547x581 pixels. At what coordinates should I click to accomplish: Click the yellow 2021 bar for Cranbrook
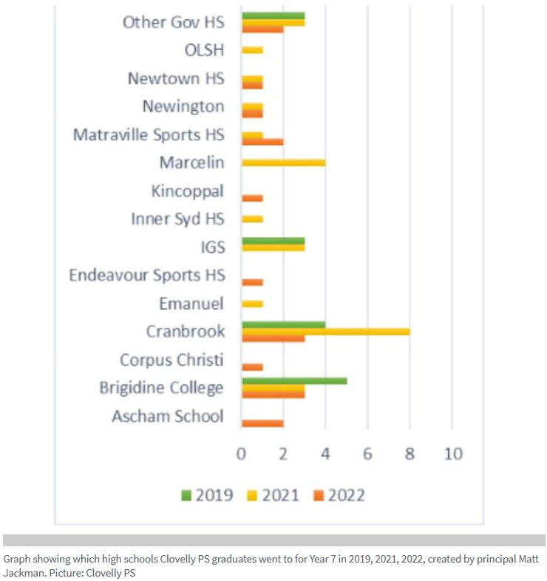[x=326, y=331]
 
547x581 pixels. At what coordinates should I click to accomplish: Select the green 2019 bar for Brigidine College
[x=294, y=381]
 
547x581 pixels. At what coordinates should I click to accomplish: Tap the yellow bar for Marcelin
[x=284, y=162]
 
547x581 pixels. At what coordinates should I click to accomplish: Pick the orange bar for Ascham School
[x=262, y=423]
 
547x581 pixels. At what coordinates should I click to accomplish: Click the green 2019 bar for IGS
[x=273, y=241]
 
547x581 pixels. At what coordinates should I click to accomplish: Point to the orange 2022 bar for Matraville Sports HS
[x=262, y=142]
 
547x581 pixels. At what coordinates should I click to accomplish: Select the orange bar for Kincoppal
[x=253, y=198]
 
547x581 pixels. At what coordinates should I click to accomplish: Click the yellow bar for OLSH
[x=253, y=50]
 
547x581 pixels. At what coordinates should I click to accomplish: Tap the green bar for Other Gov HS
[x=273, y=16]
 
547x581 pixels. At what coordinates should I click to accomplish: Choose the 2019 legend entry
[x=207, y=495]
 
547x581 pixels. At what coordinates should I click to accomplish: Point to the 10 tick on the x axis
[x=452, y=453]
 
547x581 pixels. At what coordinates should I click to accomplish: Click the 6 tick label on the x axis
[x=367, y=453]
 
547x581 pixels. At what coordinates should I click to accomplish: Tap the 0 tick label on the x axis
[x=241, y=453]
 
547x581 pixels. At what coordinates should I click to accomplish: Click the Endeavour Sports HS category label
[x=146, y=275]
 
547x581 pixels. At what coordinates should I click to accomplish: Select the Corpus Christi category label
[x=171, y=360]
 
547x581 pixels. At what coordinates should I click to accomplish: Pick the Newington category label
[x=183, y=106]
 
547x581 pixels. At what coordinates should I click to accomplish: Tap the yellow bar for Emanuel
[x=253, y=303]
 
